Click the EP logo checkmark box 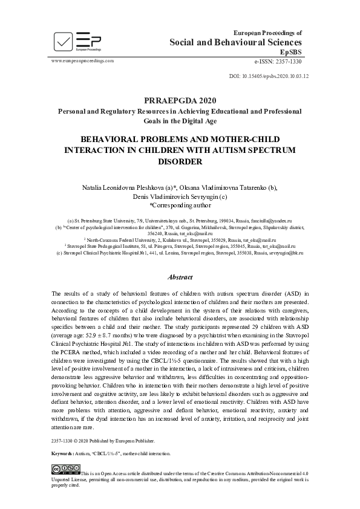pos(64,41)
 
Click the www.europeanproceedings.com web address pos(83,62)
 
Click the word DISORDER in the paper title pos(180,161)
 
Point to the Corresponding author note pos(180,205)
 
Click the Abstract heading pos(180,278)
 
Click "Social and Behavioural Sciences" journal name pos(235,42)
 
